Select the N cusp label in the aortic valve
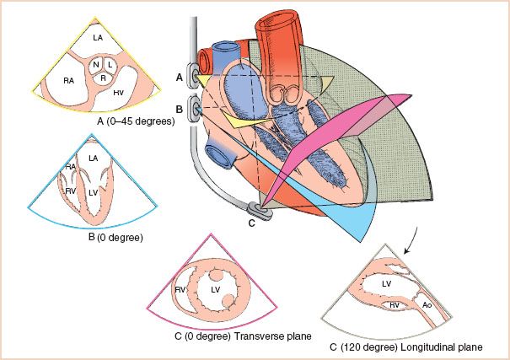coord(97,65)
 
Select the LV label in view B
coord(94,193)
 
